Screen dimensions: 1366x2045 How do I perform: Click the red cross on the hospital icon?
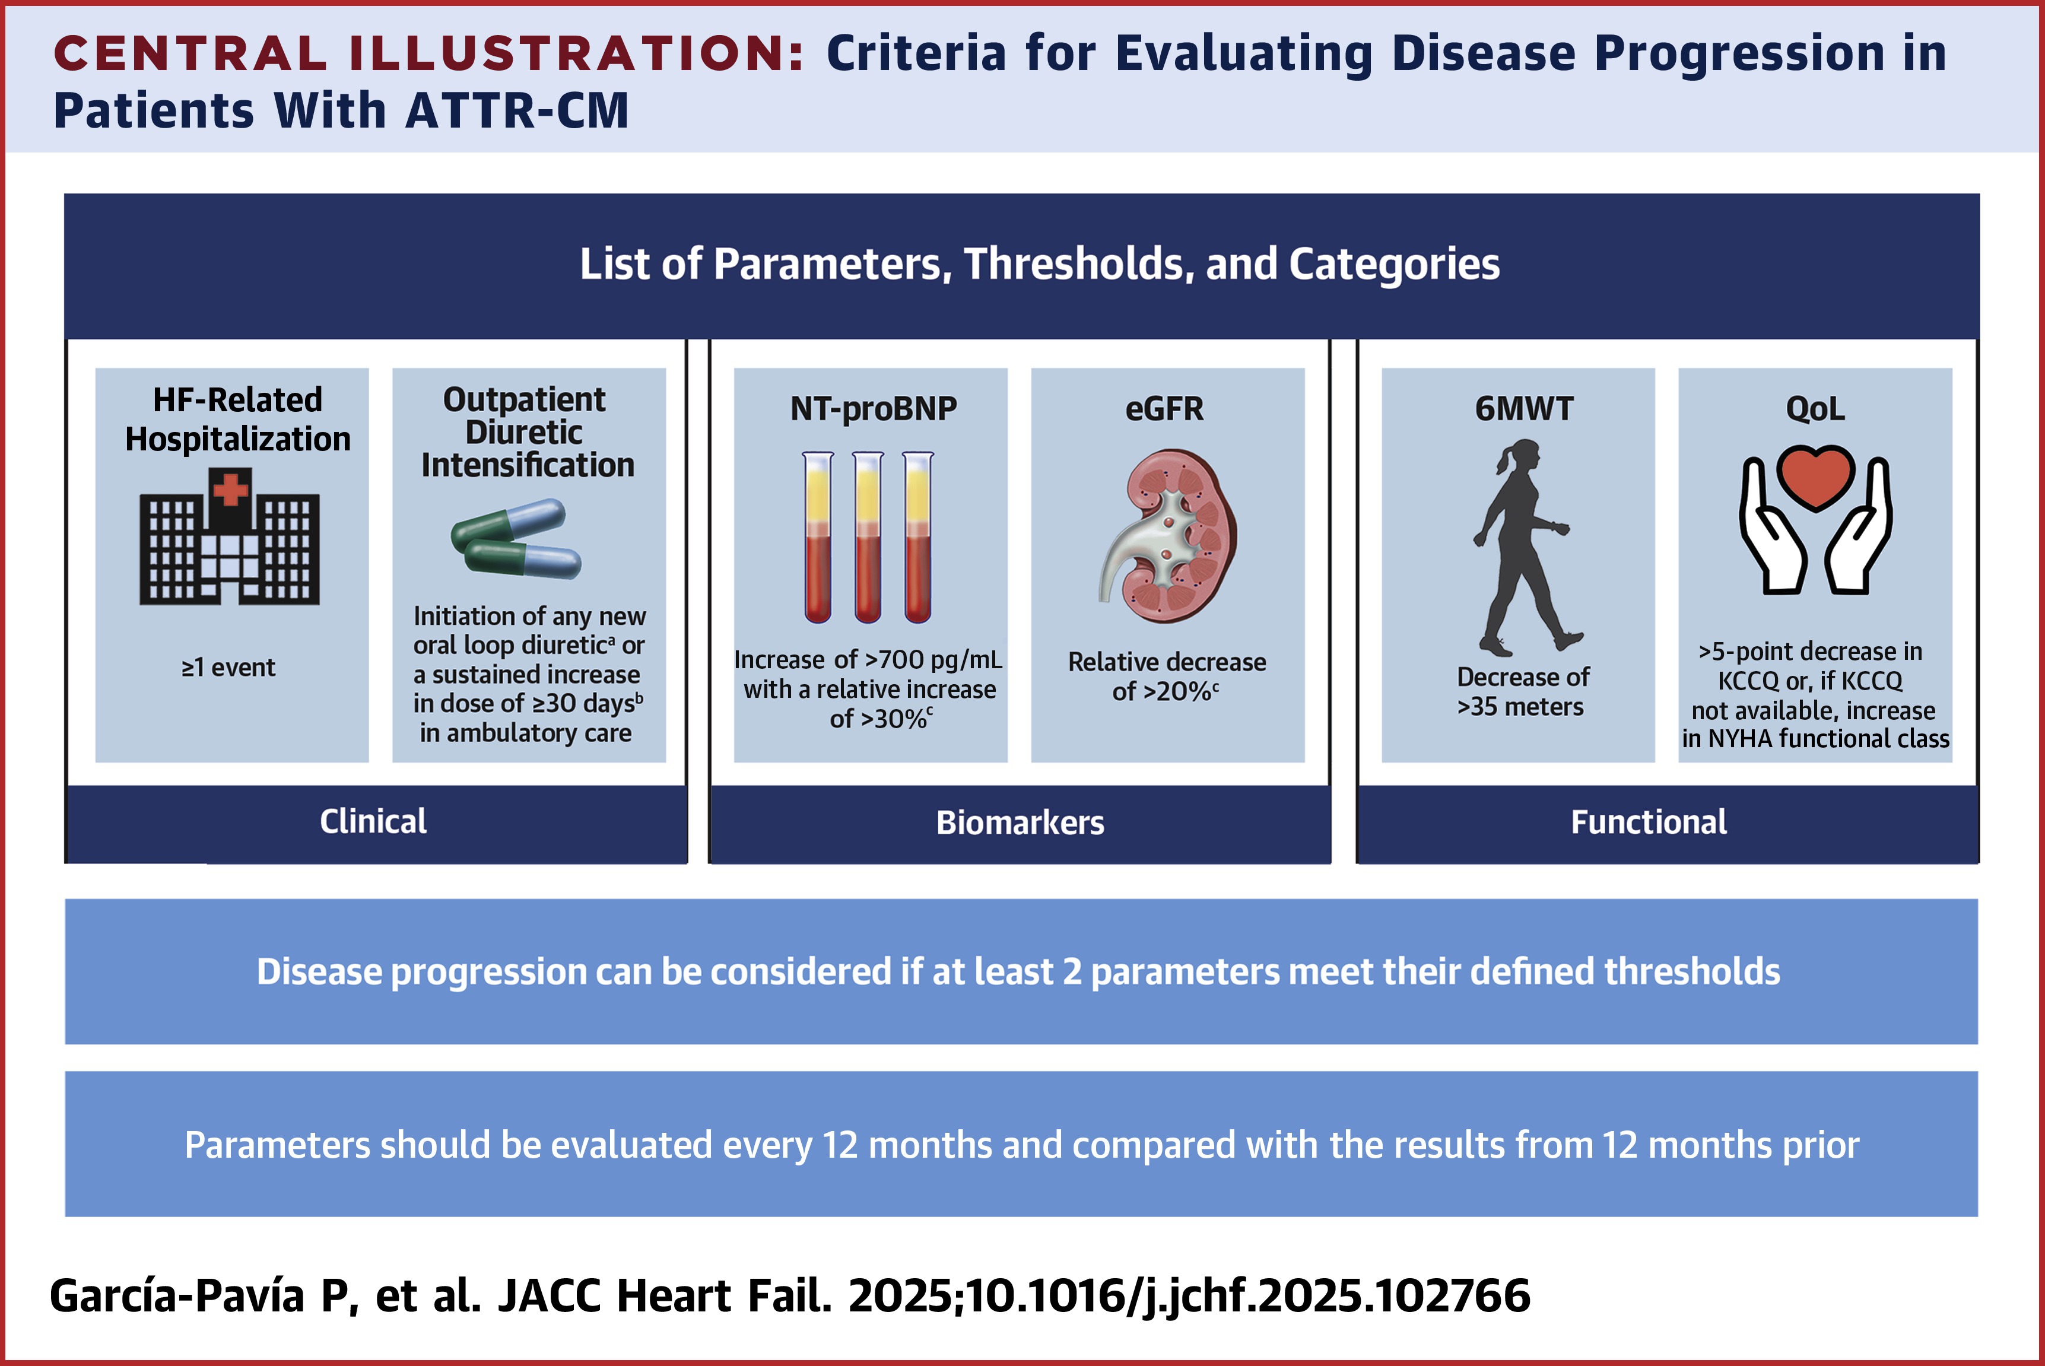click(231, 490)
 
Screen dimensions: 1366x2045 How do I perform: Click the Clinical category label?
click(373, 821)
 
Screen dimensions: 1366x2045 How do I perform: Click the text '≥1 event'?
click(228, 668)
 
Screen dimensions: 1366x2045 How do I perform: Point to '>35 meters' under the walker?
click(1520, 707)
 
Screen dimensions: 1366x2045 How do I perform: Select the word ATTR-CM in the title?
click(517, 112)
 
